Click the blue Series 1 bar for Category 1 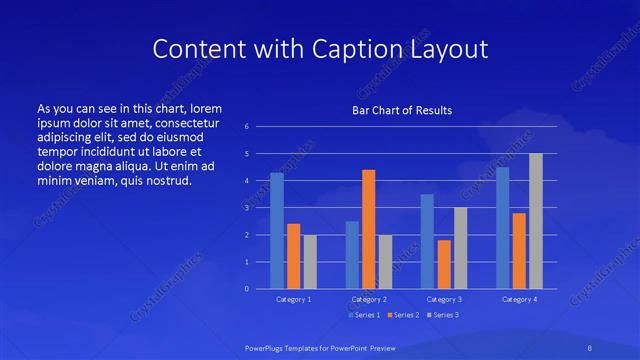click(x=277, y=231)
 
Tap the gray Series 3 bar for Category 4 click(x=536, y=221)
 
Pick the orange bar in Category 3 click(x=444, y=264)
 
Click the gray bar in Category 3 click(x=460, y=248)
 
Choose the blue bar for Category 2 click(x=352, y=255)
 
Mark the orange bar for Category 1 click(x=293, y=256)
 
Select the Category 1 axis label click(x=293, y=299)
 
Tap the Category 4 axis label click(x=519, y=299)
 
